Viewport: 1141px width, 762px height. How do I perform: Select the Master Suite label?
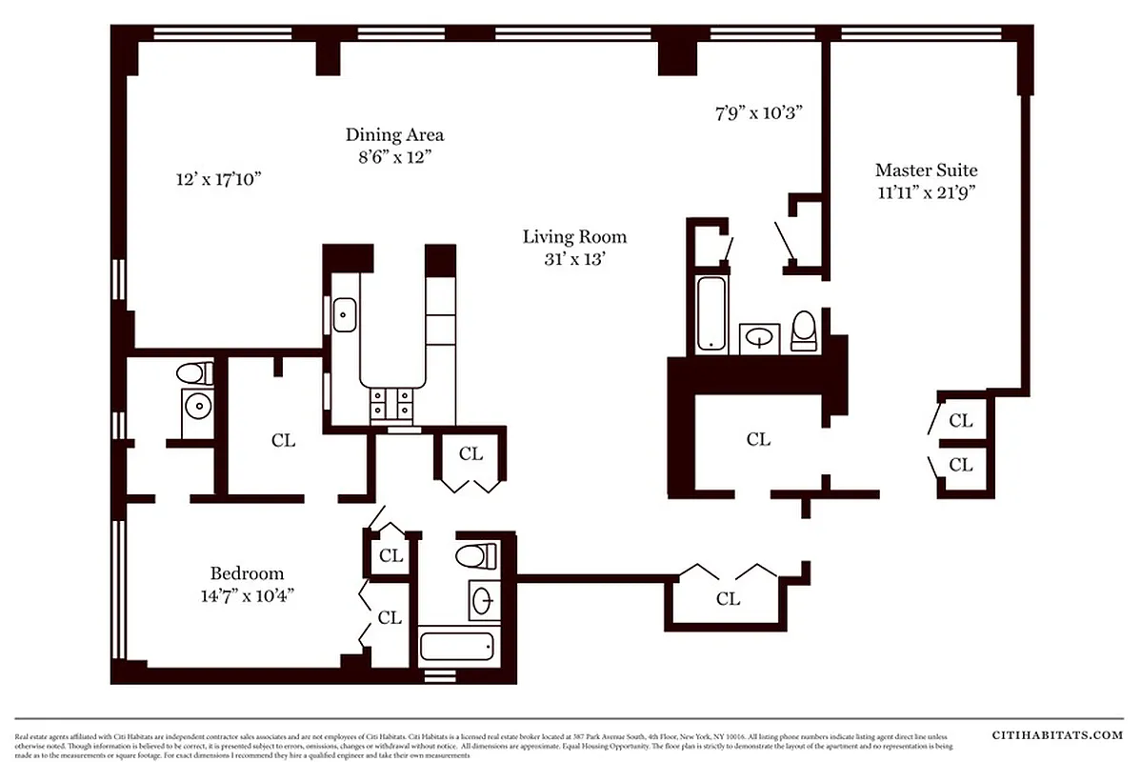click(926, 170)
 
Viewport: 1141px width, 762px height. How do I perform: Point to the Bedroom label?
click(247, 573)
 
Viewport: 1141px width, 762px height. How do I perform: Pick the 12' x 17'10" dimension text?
click(218, 178)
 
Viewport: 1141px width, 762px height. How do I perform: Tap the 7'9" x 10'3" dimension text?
click(760, 112)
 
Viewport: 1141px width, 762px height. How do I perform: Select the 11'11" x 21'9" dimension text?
click(926, 190)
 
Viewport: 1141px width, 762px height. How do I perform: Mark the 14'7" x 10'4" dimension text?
click(247, 595)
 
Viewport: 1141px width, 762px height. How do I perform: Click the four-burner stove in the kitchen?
click(391, 404)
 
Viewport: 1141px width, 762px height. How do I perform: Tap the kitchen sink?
click(345, 314)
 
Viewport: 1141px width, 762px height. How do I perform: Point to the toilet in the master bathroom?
click(805, 331)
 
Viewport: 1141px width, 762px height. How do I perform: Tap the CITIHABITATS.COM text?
click(1057, 734)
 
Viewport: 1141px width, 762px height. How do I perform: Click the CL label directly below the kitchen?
click(470, 453)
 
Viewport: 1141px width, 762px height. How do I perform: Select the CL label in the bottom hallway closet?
click(728, 598)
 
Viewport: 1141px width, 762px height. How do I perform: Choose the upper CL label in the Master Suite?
click(961, 420)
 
